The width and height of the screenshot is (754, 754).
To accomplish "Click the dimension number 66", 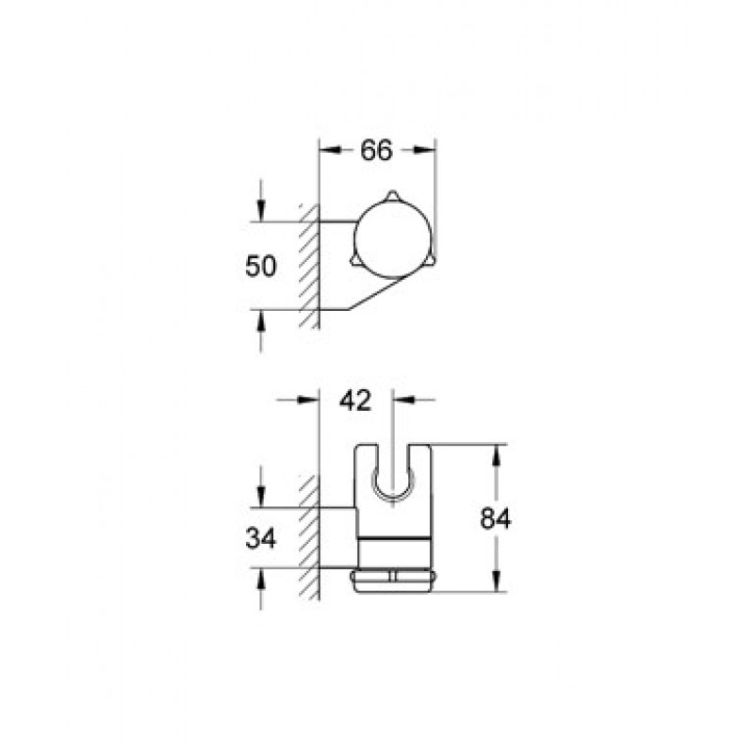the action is coord(376,150).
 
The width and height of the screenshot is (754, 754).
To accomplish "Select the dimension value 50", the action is coord(261,266).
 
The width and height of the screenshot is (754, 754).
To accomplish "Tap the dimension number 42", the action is coord(355,400).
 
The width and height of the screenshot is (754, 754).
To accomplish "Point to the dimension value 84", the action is coord(496,518).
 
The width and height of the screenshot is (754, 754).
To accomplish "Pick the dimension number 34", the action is coord(261,538).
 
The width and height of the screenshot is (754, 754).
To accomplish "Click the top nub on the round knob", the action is coord(392,195).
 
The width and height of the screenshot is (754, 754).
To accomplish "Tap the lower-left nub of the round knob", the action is coord(357,260).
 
